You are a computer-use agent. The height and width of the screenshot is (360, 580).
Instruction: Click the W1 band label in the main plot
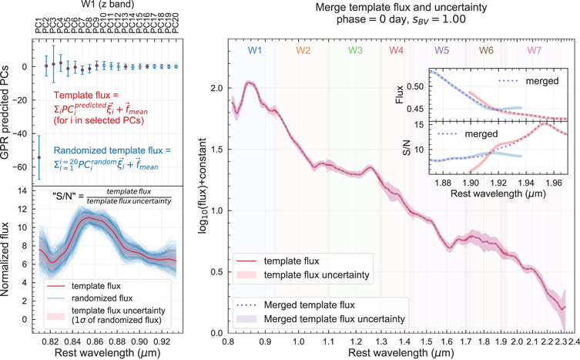pos(255,50)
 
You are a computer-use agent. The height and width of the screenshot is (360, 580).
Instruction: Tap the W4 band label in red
pos(396,50)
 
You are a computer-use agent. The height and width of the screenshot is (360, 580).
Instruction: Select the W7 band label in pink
pos(534,50)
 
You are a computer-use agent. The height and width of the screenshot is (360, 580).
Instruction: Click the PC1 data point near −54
pos(39,157)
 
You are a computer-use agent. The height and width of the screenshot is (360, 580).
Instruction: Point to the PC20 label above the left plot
pos(176,23)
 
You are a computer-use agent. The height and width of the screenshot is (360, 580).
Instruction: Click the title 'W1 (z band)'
pos(107,5)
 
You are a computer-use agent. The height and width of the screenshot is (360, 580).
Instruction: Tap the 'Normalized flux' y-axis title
pos(5,259)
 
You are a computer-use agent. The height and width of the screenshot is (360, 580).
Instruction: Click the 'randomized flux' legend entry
pos(102,298)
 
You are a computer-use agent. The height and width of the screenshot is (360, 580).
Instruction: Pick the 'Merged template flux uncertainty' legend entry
pos(334,319)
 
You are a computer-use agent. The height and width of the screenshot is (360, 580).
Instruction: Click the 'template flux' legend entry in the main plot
pos(291,261)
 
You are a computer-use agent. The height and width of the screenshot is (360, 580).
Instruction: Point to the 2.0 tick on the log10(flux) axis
pos(216,88)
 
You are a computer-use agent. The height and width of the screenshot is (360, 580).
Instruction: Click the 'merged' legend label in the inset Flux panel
pos(542,81)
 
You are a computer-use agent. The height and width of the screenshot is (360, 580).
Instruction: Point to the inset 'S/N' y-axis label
pos(406,148)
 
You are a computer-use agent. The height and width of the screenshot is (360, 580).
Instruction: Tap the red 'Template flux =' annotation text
pos(85,96)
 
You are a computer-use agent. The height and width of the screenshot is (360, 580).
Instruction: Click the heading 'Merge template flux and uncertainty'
pos(401,7)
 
